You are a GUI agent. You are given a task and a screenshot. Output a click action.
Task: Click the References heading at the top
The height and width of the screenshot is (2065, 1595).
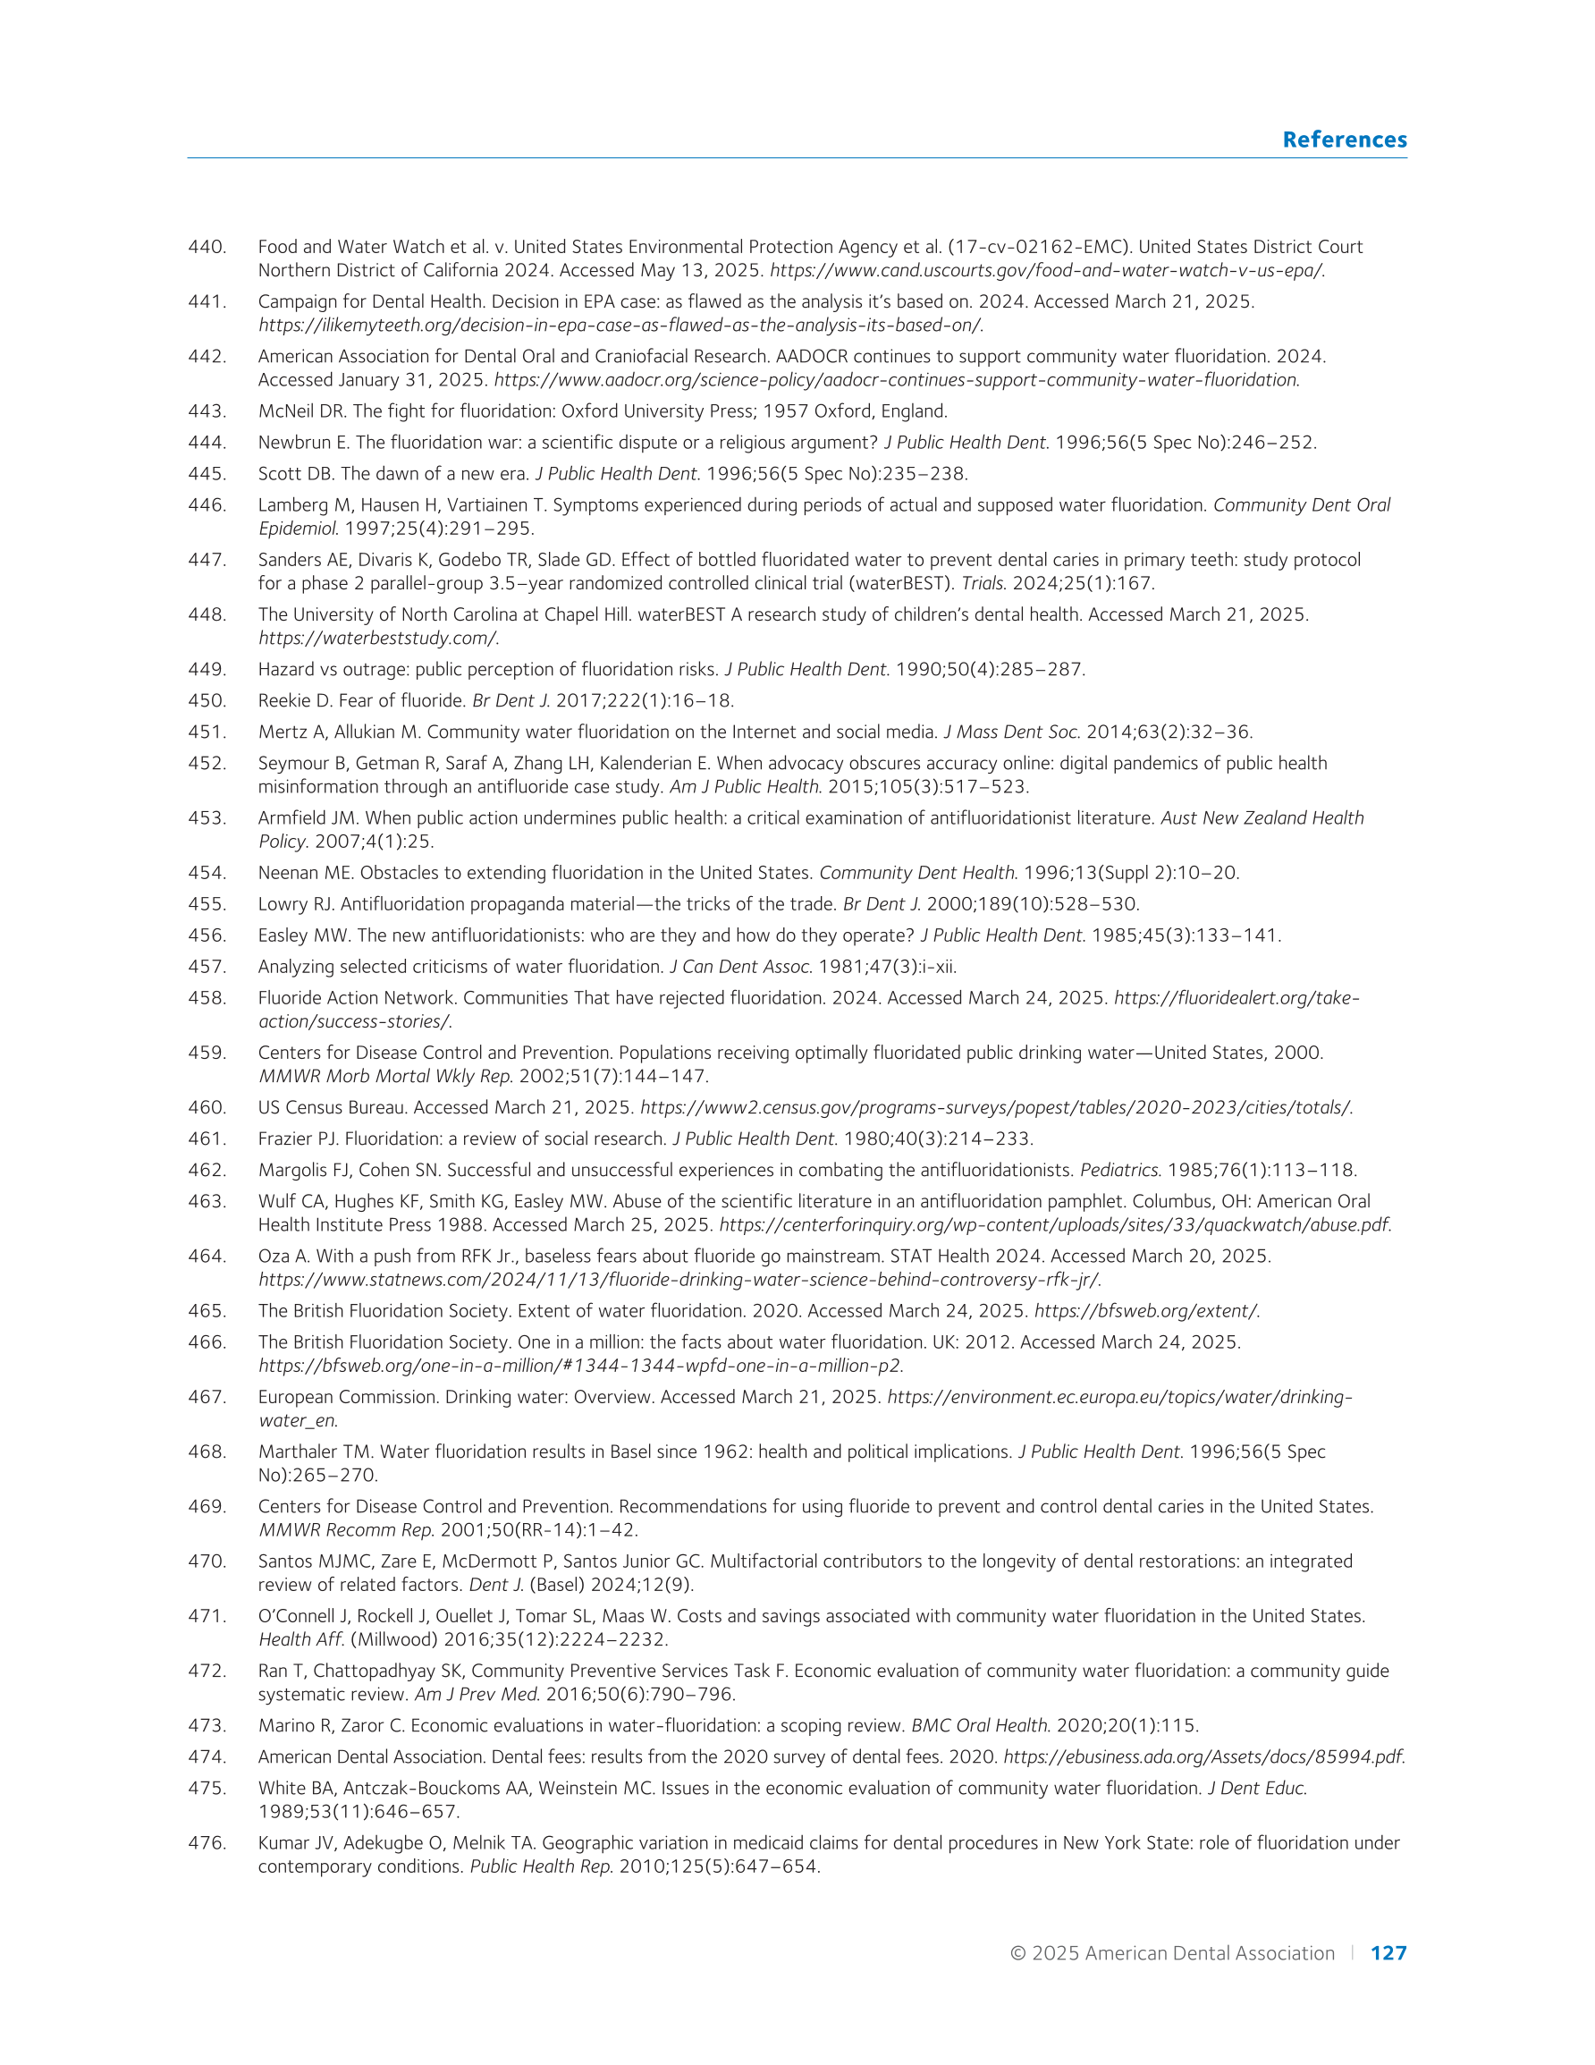click(x=1344, y=140)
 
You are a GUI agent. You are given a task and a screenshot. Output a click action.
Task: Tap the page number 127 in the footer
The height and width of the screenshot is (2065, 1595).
click(x=1388, y=1952)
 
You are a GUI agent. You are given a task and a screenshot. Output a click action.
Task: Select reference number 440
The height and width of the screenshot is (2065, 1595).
click(x=207, y=247)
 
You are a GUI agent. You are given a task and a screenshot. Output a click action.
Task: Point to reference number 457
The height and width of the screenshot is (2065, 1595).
click(x=207, y=966)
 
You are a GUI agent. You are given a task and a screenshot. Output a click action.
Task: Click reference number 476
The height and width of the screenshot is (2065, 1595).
click(x=207, y=1843)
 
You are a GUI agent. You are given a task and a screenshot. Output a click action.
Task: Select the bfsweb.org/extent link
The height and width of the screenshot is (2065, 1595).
click(x=1146, y=1310)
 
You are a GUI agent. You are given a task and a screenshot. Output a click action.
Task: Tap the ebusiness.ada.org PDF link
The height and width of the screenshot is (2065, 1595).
click(x=1203, y=1756)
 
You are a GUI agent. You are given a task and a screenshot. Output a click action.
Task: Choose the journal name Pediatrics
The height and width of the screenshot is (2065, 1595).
click(x=1119, y=1170)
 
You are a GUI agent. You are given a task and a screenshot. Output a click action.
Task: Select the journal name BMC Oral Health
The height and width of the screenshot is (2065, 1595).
click(x=981, y=1725)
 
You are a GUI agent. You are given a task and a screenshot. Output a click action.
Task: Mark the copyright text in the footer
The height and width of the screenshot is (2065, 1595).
click(x=1171, y=1952)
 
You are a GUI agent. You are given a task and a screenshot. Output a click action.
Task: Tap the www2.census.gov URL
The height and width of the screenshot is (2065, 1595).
click(x=996, y=1107)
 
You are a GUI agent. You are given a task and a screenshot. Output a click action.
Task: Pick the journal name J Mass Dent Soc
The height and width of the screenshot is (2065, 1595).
click(x=1012, y=732)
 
